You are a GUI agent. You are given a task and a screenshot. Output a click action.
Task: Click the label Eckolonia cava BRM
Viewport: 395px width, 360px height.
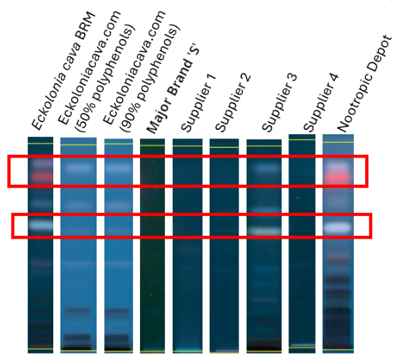tap(63, 70)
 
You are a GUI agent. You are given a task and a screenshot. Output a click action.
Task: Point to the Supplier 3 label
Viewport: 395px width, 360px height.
tap(280, 103)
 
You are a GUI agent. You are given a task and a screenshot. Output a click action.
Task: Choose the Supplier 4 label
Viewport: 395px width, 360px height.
tap(321, 103)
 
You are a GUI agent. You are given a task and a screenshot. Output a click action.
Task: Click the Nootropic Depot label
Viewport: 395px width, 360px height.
tap(364, 84)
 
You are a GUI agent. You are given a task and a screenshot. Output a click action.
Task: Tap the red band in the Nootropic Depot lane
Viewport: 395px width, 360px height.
tap(338, 178)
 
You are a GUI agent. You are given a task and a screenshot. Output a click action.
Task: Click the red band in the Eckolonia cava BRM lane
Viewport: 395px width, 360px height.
tap(42, 177)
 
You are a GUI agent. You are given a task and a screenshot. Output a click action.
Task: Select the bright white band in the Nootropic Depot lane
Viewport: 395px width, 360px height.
tap(337, 227)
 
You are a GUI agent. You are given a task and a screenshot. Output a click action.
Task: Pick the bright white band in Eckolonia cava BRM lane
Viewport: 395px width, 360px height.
tap(41, 224)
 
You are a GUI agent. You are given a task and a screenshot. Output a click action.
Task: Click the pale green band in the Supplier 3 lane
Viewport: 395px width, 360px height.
tap(264, 231)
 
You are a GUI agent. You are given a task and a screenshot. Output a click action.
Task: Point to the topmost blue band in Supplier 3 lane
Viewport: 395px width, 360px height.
tap(266, 167)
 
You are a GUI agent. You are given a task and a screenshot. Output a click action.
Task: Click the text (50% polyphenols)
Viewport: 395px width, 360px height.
tap(106, 79)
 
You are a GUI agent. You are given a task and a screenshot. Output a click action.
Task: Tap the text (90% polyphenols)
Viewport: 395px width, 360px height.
tap(151, 79)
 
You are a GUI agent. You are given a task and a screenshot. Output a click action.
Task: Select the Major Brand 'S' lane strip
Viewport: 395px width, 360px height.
tap(153, 246)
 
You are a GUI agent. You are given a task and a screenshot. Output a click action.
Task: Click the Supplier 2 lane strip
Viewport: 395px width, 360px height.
tap(224, 246)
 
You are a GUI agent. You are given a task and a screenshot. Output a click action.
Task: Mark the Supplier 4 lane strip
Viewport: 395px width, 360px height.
tap(302, 244)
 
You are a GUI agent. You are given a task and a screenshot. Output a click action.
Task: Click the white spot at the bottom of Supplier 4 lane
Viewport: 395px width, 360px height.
tap(303, 345)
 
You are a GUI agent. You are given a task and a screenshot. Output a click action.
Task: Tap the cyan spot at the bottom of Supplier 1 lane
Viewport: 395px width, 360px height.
tap(188, 349)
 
